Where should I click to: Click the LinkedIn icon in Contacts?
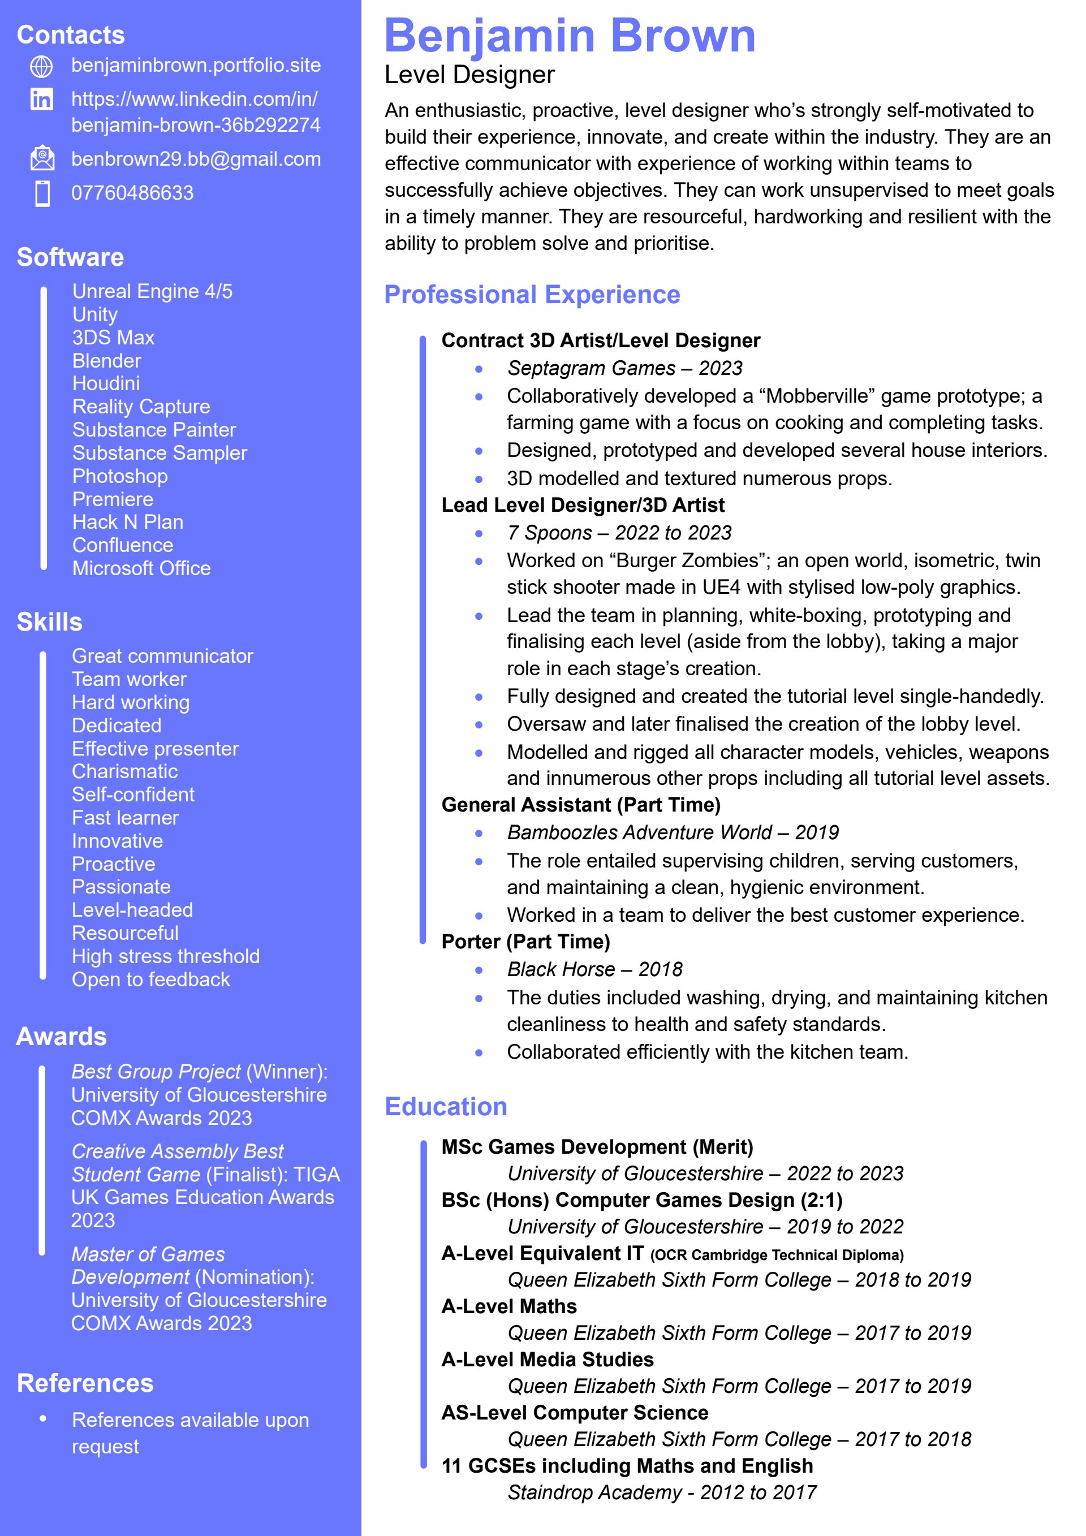click(x=41, y=100)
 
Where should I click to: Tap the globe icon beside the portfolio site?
click(x=41, y=66)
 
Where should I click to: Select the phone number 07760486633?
click(x=132, y=193)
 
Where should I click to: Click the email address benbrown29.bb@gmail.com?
click(x=196, y=159)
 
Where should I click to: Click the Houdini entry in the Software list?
click(x=106, y=383)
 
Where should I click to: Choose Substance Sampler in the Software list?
click(x=160, y=453)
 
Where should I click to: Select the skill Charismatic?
click(x=124, y=771)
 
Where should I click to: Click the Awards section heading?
click(x=62, y=1036)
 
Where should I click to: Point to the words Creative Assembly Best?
click(x=177, y=1151)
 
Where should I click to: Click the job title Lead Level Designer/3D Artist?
click(x=583, y=505)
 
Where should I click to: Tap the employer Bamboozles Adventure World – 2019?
click(x=673, y=832)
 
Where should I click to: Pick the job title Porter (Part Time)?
click(x=525, y=942)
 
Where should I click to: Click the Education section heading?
click(x=446, y=1107)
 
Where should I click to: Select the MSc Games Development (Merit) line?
click(x=597, y=1147)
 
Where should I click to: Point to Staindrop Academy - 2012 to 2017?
click(x=662, y=1492)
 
